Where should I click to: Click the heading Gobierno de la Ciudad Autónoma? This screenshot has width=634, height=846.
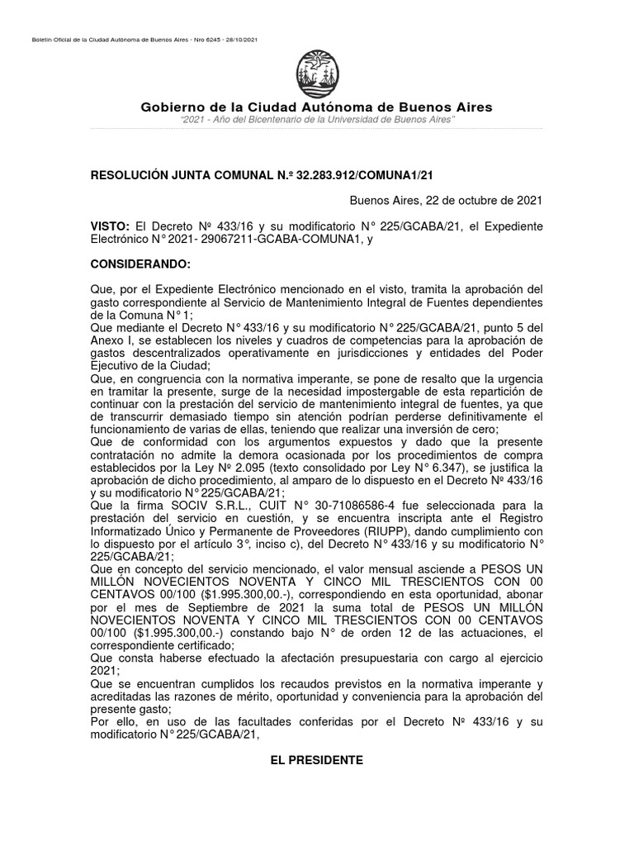pyautogui.click(x=316, y=107)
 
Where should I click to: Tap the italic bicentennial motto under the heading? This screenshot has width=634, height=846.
pyautogui.click(x=317, y=121)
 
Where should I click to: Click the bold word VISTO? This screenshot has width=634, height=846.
pyautogui.click(x=110, y=226)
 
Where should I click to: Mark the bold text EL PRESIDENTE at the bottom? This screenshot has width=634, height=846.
pyautogui.click(x=316, y=760)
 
